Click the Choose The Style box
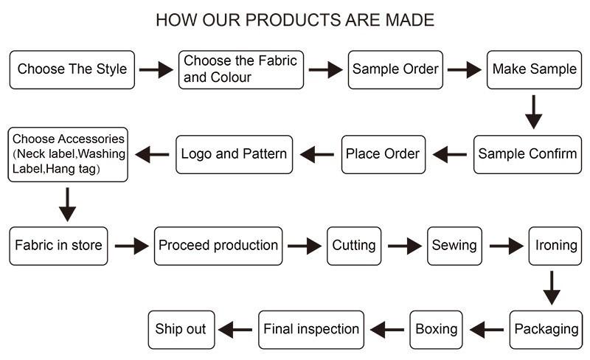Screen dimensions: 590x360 (72, 69)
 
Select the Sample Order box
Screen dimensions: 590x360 (395, 69)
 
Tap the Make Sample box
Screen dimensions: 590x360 (534, 69)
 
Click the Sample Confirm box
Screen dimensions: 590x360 (527, 154)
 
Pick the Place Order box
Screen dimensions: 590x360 (383, 154)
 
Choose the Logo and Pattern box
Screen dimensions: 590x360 (234, 154)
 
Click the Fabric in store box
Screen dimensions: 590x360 (58, 246)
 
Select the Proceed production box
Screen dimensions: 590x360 (218, 246)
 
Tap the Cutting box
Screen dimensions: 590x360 (354, 246)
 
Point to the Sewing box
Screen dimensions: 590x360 (454, 246)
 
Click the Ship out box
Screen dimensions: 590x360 (181, 330)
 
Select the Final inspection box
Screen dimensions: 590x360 (311, 330)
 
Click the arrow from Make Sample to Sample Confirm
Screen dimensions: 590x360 (533, 112)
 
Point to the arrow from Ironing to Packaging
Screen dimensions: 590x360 (552, 288)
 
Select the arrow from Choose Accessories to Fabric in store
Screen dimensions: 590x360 (67, 204)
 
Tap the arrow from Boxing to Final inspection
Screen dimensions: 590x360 (387, 330)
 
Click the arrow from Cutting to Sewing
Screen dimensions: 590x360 (405, 246)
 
